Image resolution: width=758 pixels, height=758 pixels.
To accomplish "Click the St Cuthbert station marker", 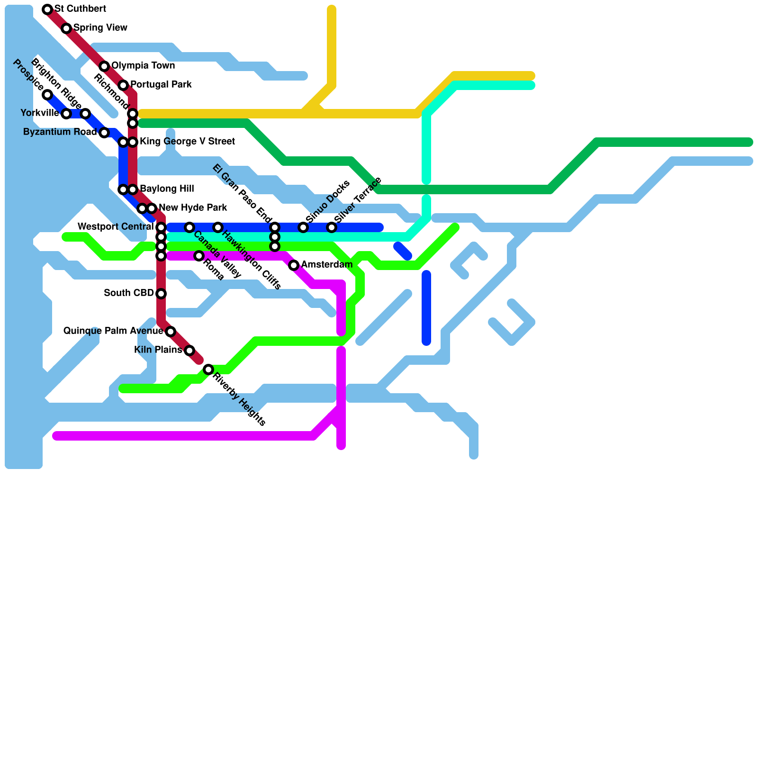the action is (47, 9).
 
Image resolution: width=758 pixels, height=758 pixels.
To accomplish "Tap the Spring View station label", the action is (100, 28).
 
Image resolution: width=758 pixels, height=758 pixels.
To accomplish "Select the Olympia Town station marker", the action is (104, 66).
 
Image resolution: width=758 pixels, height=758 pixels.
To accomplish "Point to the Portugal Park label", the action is (161, 85).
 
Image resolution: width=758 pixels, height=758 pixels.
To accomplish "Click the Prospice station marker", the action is (47, 95).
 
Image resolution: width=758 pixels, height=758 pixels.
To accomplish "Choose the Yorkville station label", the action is (40, 113).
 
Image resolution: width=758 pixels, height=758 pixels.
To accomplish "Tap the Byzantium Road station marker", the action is (104, 133).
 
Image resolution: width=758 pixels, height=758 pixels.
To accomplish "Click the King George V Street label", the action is (187, 142).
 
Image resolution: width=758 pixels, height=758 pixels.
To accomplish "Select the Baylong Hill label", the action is (167, 189).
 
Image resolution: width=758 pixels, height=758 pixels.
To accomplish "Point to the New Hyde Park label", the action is (193, 208).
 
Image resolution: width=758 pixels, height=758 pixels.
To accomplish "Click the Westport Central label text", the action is (116, 227).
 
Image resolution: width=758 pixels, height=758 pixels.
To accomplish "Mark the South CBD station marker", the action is (161, 294).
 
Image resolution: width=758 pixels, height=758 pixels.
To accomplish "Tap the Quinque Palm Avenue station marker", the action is (171, 332).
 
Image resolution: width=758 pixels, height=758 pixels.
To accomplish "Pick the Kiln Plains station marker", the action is (189, 351).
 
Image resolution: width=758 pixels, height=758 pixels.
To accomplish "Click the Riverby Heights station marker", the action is (208, 370).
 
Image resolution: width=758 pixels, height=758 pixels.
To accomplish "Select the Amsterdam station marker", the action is (294, 265).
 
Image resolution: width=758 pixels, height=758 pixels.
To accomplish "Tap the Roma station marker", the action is (199, 256).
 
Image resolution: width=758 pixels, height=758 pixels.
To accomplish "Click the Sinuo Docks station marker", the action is (303, 227).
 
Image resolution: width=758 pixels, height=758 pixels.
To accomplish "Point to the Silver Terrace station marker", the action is (332, 227).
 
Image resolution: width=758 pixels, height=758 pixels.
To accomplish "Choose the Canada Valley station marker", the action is (189, 227).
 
